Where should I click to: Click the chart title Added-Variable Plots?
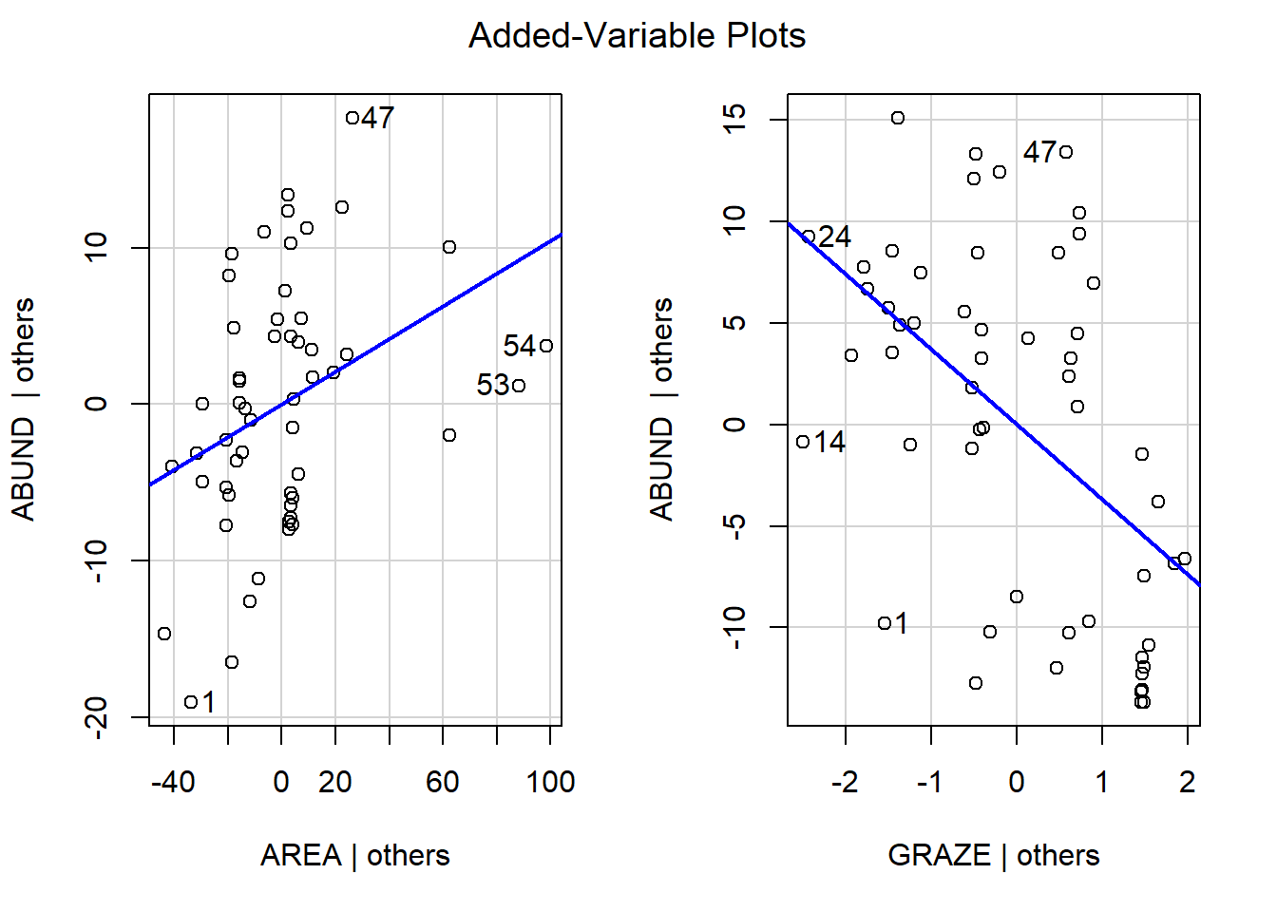pyautogui.click(x=637, y=36)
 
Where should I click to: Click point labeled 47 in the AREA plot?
pyautogui.click(x=353, y=118)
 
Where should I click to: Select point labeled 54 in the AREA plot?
pyautogui.click(x=545, y=346)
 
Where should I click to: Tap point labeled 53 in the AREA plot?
pyautogui.click(x=518, y=386)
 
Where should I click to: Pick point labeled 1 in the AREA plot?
pyautogui.click(x=191, y=702)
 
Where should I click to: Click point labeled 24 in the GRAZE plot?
pyautogui.click(x=809, y=237)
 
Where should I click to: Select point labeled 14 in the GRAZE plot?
pyautogui.click(x=803, y=442)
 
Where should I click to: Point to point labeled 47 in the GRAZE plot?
pyautogui.click(x=1066, y=152)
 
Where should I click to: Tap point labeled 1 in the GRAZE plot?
pyautogui.click(x=885, y=623)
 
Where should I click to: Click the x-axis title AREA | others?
pyautogui.click(x=354, y=855)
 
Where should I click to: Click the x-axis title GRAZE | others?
pyautogui.click(x=993, y=855)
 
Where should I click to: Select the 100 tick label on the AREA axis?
pyautogui.click(x=550, y=782)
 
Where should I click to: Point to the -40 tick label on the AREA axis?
pyautogui.click(x=173, y=782)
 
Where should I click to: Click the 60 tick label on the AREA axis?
pyautogui.click(x=443, y=782)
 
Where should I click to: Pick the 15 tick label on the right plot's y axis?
pyautogui.click(x=734, y=120)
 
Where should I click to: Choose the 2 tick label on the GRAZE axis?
pyautogui.click(x=1187, y=782)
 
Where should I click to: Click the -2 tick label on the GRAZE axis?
pyautogui.click(x=844, y=782)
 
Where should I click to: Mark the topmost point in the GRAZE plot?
pyautogui.click(x=898, y=118)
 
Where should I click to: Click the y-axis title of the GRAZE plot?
pyautogui.click(x=661, y=408)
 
